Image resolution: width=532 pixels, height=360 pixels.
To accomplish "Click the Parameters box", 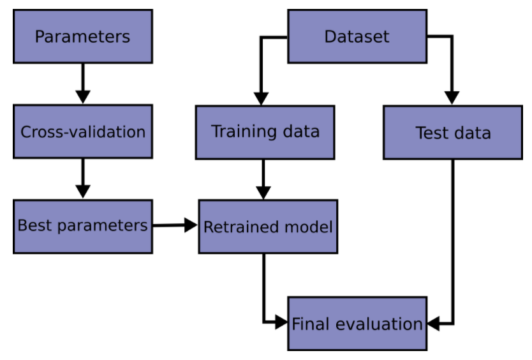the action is (x=83, y=36).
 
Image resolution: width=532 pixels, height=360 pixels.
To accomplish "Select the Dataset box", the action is (x=357, y=36).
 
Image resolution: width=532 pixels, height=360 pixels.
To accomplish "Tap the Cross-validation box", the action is (x=83, y=131).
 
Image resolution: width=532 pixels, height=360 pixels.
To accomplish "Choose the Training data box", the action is (x=265, y=133).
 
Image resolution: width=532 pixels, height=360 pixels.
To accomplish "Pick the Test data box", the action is (x=453, y=133).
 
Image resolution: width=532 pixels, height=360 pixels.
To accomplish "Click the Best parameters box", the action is (x=83, y=227).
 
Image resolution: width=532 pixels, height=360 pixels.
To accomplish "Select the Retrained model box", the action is (x=268, y=227).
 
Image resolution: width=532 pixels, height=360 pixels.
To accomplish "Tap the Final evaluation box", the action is (x=357, y=324).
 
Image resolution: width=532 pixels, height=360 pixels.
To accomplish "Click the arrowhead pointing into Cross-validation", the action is (x=83, y=97).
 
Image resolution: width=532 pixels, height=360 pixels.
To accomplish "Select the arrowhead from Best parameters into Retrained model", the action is (x=191, y=225).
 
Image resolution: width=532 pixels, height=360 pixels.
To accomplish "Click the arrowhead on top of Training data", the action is (x=261, y=99).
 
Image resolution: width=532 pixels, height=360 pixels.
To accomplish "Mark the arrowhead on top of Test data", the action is (x=452, y=98).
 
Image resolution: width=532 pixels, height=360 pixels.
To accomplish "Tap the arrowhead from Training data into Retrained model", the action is (x=263, y=193).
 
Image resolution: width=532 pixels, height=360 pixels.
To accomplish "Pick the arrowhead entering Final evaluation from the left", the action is (x=281, y=322).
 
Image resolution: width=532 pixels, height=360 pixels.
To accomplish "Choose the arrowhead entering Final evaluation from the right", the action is (x=434, y=324).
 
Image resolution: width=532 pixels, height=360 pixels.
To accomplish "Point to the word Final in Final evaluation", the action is (x=311, y=324).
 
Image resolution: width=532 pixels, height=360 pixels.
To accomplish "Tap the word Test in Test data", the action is (x=432, y=133).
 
